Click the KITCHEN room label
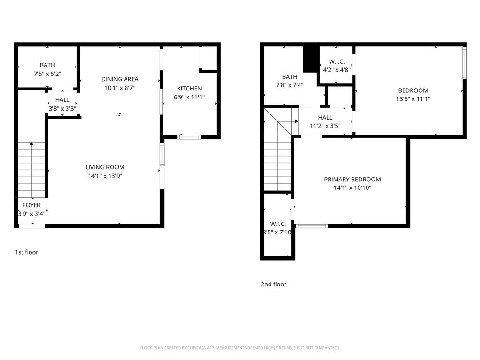189,89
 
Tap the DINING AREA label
120,79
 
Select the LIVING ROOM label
105,167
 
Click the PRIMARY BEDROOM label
352,180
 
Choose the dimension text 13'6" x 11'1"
413,99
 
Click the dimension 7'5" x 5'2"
47,74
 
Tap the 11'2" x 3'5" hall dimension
325,126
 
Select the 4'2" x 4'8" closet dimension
337,70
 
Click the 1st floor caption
27,252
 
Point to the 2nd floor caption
273,284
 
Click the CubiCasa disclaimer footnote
240,348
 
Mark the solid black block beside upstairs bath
310,59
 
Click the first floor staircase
32,169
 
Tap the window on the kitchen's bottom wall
189,137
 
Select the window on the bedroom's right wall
465,62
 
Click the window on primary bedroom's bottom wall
312,226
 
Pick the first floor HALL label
62,100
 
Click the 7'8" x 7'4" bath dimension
290,85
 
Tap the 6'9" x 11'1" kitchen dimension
189,97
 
